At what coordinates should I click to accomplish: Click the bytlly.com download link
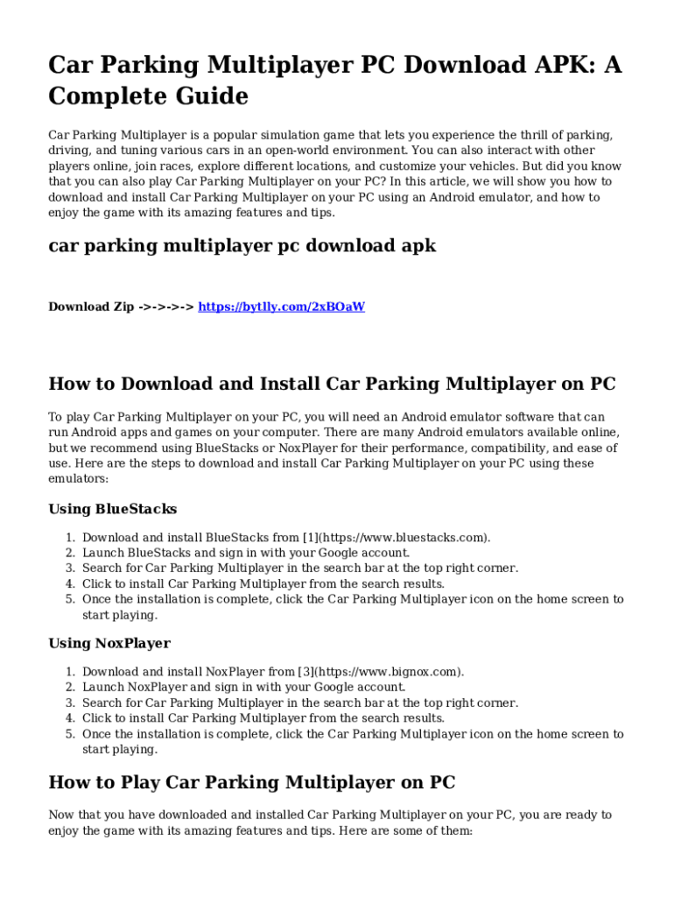point(281,307)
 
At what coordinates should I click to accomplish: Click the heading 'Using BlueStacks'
point(113,509)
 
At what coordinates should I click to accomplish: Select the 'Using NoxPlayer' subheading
point(109,644)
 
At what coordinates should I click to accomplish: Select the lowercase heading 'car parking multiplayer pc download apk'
point(242,246)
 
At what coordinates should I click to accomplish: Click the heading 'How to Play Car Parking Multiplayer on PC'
point(252,782)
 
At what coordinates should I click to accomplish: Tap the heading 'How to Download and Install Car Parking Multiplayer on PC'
point(332,384)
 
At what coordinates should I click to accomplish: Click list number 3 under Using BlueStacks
point(69,569)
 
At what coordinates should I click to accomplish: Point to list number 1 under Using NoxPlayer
point(69,672)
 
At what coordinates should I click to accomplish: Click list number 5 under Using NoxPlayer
point(69,734)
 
